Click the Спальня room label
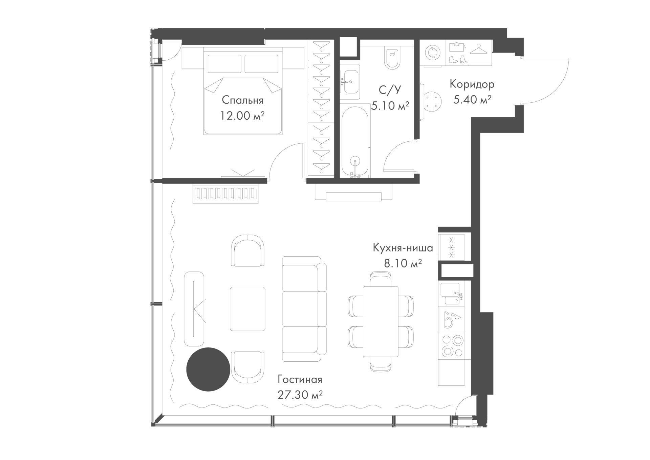pos(242,101)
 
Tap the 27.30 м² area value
pos(300,395)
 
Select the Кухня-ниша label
pos(403,248)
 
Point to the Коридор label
pos(472,84)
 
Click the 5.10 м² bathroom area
pos(390,106)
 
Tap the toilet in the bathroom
pos(392,58)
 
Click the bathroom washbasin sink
pos(350,82)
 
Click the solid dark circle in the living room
pos(208,369)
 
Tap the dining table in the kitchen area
pos(381,321)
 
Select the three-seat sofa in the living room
pos(304,309)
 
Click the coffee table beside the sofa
pos(247,309)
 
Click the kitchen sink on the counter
pos(451,295)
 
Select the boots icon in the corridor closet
pos(458,60)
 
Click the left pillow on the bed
pos(224,63)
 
